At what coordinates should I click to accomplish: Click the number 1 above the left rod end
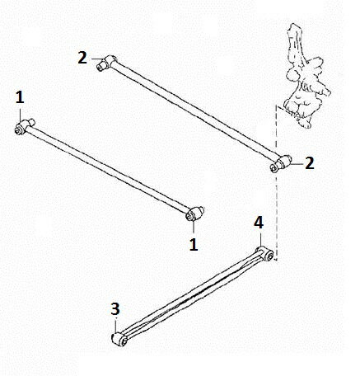(x=20, y=97)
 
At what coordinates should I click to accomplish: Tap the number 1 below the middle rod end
(x=194, y=244)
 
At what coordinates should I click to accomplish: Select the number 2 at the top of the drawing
(x=82, y=58)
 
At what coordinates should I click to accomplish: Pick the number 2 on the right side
(x=310, y=163)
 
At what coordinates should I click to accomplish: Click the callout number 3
(x=115, y=309)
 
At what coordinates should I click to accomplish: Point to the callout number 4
(x=259, y=223)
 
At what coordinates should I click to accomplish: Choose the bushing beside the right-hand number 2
(x=280, y=163)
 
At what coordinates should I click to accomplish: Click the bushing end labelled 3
(x=119, y=340)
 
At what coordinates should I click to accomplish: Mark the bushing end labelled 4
(x=265, y=253)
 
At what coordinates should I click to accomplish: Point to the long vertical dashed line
(x=276, y=183)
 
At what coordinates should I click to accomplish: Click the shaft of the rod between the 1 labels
(x=108, y=169)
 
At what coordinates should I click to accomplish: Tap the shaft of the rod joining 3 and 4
(x=192, y=294)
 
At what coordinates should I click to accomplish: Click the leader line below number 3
(x=116, y=325)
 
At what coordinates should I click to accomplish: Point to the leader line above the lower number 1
(x=194, y=228)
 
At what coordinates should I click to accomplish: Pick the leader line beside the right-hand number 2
(x=297, y=164)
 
